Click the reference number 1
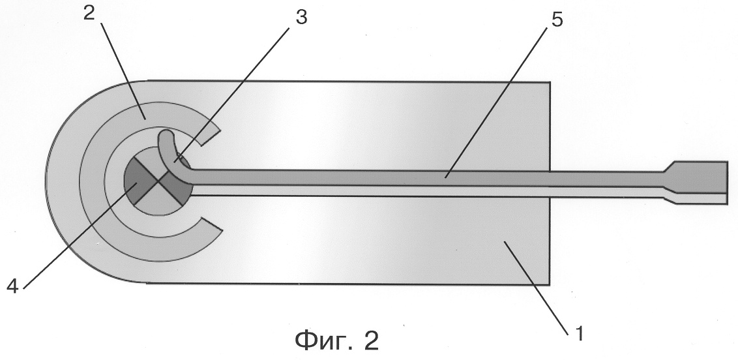tap(580, 333)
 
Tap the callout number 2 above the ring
tap(89, 13)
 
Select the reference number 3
tap(301, 18)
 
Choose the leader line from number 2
tap(122, 70)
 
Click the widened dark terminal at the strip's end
tap(698, 177)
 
